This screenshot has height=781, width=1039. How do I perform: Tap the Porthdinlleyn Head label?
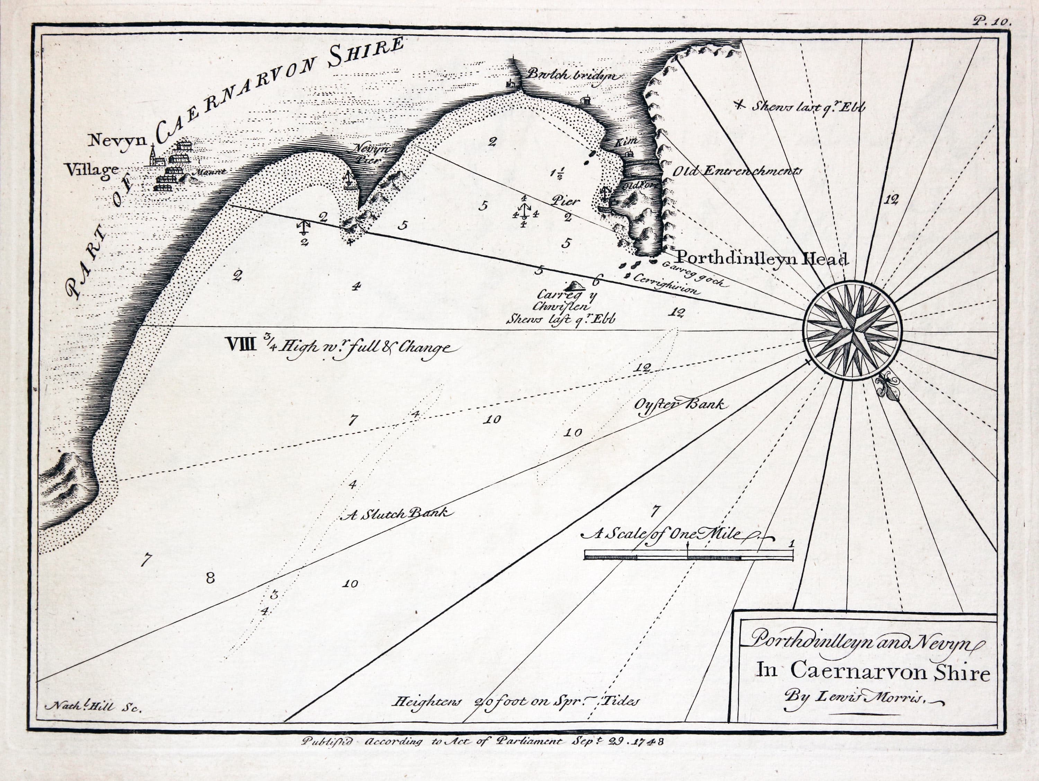coord(761,258)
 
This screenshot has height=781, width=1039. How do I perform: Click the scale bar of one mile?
coord(689,556)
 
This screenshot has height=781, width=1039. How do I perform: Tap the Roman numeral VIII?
coord(241,346)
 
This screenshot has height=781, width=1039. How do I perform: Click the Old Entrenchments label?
coord(737,172)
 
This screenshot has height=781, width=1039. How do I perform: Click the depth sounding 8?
coord(210,578)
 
